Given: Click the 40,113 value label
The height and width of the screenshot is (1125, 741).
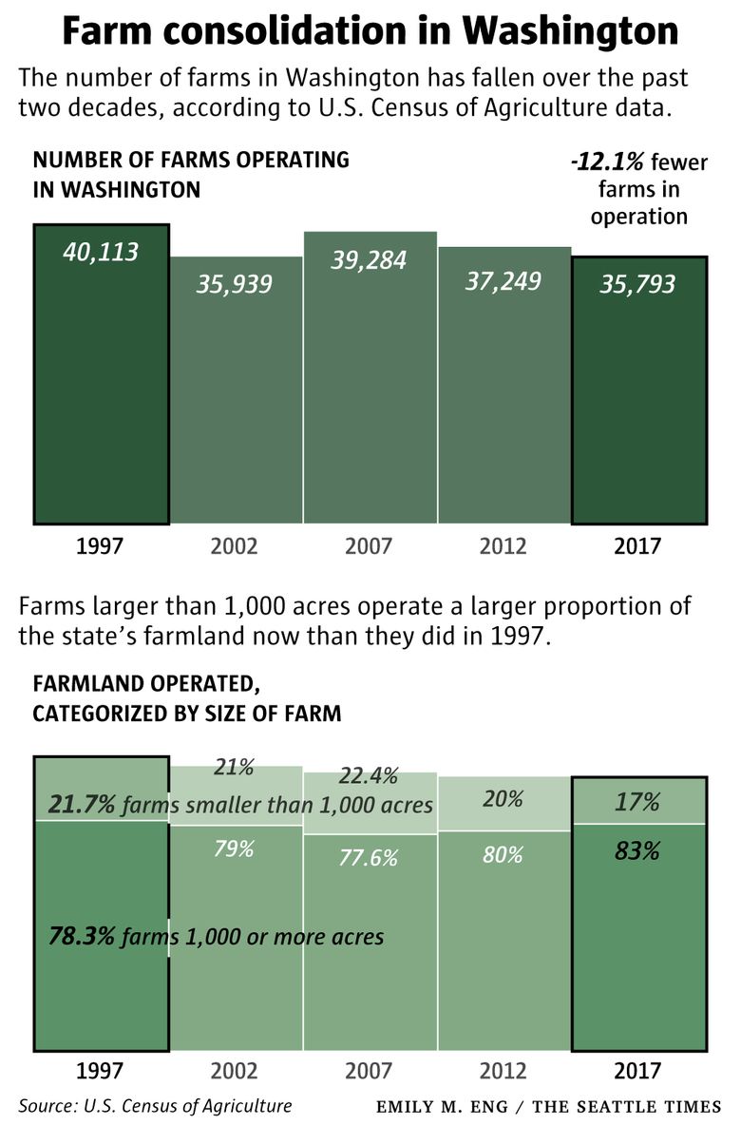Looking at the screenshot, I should click(x=101, y=252).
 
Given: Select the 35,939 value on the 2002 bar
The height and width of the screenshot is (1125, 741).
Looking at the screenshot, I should click(x=235, y=283).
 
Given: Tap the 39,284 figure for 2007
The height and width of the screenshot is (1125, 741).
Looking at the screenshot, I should click(x=369, y=259).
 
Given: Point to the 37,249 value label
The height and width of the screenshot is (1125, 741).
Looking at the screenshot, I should click(x=503, y=280).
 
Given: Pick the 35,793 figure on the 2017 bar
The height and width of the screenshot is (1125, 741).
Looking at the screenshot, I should click(x=637, y=283).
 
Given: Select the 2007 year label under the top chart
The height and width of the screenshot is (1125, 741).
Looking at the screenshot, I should click(x=369, y=547).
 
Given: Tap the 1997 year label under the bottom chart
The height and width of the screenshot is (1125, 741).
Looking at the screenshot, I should click(x=101, y=1071).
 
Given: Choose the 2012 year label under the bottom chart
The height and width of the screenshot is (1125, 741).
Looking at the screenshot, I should click(x=503, y=1071).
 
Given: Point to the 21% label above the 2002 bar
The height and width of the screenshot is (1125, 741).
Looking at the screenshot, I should click(x=234, y=767).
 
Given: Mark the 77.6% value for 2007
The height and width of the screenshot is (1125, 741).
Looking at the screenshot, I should click(x=370, y=858).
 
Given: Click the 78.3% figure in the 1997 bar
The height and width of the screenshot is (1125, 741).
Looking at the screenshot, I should click(x=82, y=937).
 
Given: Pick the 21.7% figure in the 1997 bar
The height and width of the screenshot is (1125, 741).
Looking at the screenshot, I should click(x=82, y=806).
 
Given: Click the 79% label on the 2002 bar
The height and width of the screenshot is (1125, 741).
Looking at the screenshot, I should click(x=234, y=849).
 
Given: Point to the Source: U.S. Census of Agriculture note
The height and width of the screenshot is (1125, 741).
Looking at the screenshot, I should click(x=155, y=1106).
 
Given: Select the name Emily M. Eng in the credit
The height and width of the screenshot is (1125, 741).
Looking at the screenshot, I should click(x=446, y=1107).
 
